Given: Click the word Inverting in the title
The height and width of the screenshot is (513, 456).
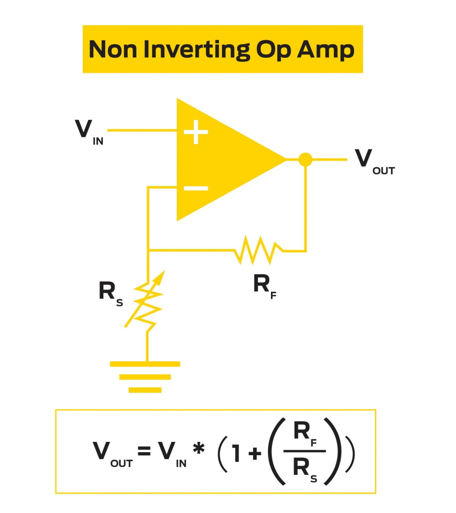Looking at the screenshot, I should click(196, 50).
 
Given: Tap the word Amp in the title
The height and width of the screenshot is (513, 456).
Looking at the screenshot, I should click(326, 50).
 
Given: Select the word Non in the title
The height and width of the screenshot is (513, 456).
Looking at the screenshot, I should click(112, 50).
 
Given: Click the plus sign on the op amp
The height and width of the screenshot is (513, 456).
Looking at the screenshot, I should click(196, 132).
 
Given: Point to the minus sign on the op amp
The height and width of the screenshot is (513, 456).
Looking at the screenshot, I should click(196, 188).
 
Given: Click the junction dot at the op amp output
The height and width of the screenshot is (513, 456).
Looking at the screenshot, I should click(305, 159).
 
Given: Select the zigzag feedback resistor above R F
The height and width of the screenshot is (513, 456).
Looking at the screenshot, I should click(258, 250).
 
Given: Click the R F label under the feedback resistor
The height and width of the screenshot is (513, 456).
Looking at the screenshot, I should click(264, 286).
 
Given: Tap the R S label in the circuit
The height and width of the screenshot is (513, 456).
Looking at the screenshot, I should click(110, 293).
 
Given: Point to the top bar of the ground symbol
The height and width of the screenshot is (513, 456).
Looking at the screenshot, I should click(145, 364).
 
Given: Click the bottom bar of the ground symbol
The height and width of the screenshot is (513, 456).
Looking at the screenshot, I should click(145, 390).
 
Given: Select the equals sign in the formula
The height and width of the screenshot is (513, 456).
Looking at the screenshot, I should click(144, 451).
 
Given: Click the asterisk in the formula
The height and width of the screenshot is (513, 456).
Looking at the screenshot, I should click(198, 449).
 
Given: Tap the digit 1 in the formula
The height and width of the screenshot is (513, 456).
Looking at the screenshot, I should click(236, 453).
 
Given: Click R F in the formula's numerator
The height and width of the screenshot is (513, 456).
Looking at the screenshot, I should click(304, 434).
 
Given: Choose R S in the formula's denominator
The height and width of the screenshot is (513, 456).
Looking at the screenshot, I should click(304, 469).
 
